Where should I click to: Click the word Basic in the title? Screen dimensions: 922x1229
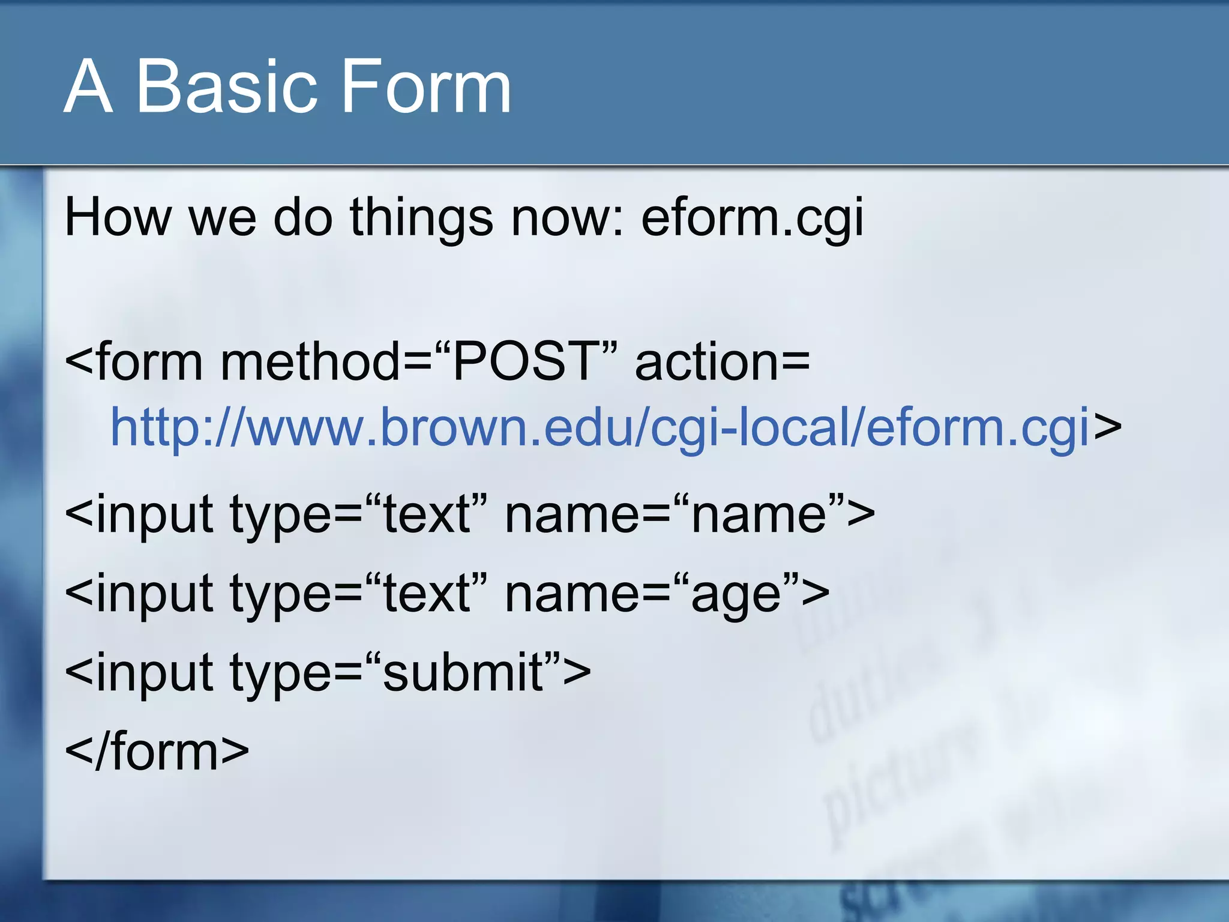point(226,87)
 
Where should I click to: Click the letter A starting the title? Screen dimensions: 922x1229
point(88,87)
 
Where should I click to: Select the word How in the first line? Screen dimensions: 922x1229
point(118,217)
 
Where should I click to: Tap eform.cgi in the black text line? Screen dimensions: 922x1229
point(752,217)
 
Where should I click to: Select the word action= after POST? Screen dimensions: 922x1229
point(722,362)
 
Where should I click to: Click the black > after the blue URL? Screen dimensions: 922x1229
point(1107,427)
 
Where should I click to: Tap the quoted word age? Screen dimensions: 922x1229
point(736,594)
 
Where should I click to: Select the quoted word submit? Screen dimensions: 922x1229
point(463,672)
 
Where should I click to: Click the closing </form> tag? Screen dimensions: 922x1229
point(156,752)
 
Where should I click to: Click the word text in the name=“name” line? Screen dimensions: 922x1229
point(426,515)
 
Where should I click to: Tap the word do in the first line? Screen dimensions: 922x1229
point(302,217)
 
